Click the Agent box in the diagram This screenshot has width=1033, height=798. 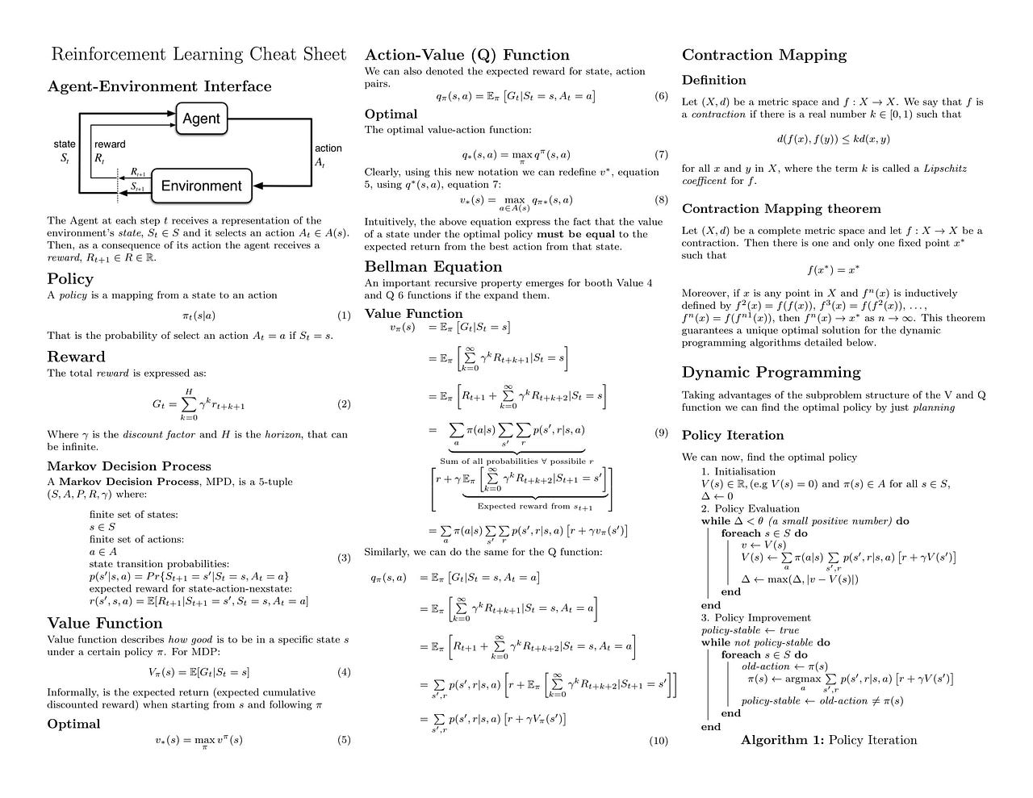(x=201, y=119)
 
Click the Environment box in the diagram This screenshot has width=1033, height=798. (x=202, y=186)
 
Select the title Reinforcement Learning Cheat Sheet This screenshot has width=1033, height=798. (x=199, y=55)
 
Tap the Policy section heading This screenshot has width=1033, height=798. (x=70, y=279)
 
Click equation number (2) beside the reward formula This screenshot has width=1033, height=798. (x=344, y=404)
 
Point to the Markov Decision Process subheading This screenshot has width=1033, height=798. (x=129, y=466)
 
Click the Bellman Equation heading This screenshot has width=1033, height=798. (x=433, y=267)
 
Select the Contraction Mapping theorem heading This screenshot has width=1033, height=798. (x=781, y=209)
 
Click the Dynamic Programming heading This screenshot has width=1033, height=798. (x=771, y=372)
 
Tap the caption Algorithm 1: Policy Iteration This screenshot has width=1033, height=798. (x=829, y=740)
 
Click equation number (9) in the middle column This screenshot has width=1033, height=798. (x=661, y=432)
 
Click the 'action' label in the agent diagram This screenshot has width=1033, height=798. (x=328, y=148)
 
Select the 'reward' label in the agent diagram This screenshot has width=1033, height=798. (x=110, y=144)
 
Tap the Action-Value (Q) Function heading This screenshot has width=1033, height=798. (x=467, y=55)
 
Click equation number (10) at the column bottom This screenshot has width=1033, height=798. (x=659, y=740)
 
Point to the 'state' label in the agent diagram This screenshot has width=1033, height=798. (x=65, y=144)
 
